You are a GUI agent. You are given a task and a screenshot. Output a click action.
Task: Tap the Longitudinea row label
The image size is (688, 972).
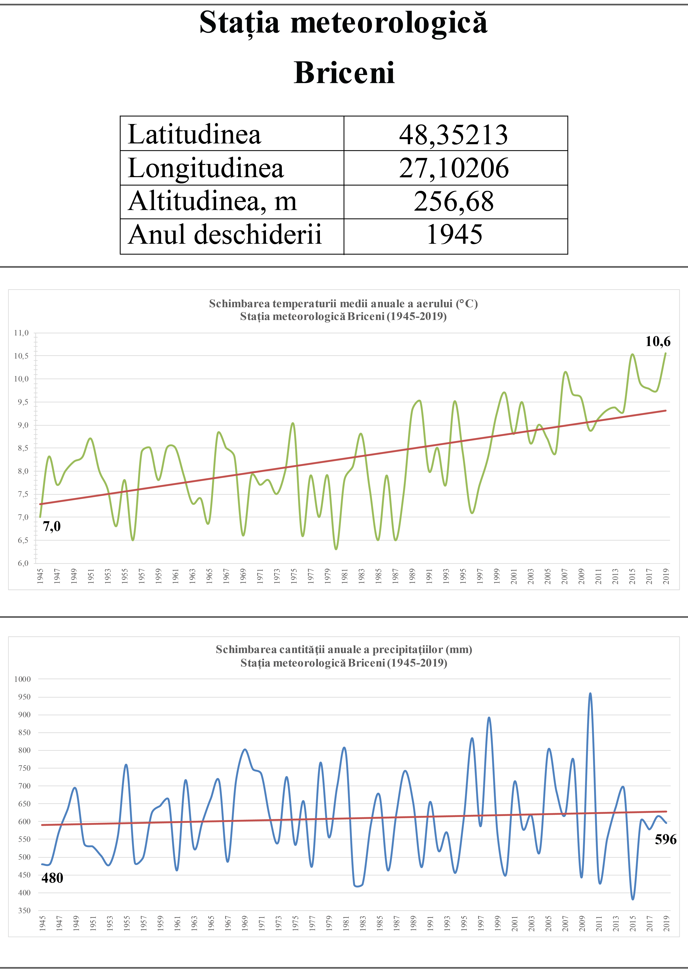click(x=206, y=168)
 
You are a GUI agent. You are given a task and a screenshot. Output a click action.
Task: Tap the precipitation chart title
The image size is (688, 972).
click(x=344, y=656)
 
